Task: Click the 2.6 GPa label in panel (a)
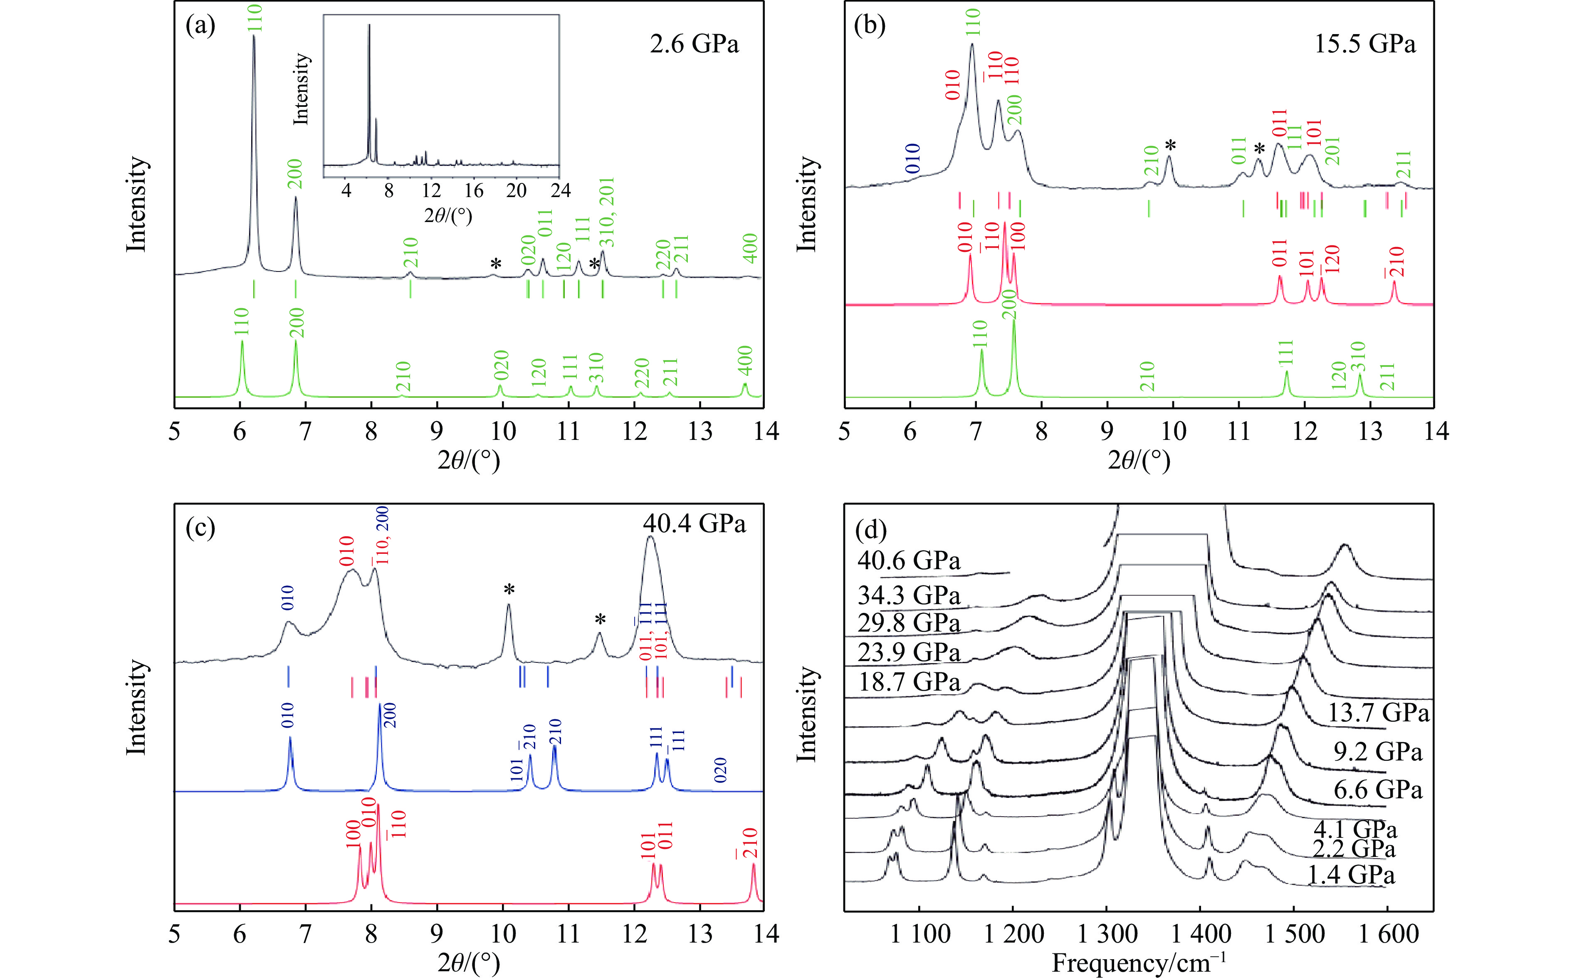694,44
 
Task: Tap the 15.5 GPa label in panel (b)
1364,44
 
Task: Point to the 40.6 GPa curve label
908,560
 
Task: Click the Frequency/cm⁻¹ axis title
1138,963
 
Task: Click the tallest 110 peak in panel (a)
253,39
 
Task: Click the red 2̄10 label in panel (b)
1394,262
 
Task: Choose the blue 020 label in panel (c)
720,770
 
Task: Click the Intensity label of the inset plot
302,89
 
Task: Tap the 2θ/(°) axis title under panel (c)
469,963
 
